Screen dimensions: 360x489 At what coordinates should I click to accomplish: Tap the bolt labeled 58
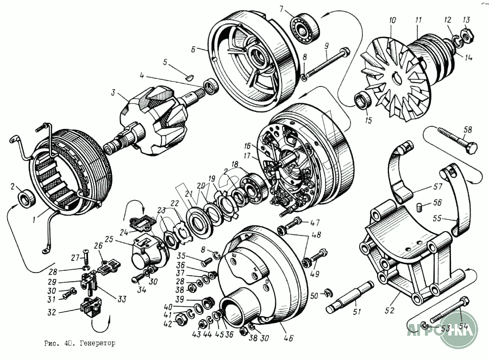tap(453, 139)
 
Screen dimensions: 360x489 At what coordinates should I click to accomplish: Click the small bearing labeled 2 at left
tap(25, 198)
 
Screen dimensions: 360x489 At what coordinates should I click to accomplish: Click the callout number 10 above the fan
tap(392, 21)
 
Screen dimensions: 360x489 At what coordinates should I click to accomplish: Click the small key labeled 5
tap(186, 77)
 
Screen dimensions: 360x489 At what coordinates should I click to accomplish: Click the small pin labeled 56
tap(419, 204)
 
